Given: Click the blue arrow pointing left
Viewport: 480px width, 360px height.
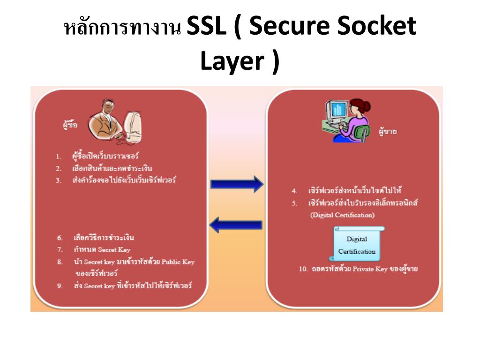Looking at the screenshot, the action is click(x=235, y=225).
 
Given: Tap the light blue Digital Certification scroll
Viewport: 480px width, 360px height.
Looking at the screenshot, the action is click(x=357, y=244).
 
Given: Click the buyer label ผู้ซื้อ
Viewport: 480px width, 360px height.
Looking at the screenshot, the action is click(x=70, y=125).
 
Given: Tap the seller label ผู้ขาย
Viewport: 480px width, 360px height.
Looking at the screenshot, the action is click(x=388, y=132).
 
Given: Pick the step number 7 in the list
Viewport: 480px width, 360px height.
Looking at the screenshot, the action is click(x=60, y=250).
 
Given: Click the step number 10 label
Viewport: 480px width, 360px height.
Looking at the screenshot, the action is click(x=303, y=270).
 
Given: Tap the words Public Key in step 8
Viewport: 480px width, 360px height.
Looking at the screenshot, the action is click(x=178, y=262).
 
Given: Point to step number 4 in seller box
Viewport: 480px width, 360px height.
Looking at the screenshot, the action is click(x=294, y=191).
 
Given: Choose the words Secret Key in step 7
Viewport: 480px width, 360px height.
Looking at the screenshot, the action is click(x=114, y=250).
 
